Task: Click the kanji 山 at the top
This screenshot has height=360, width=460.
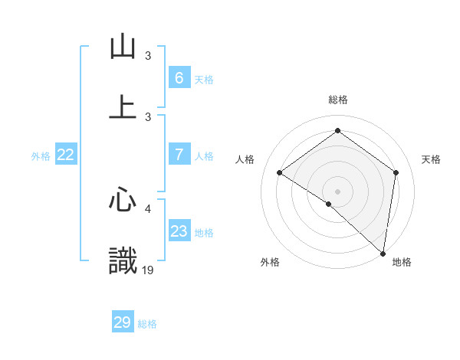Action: (x=123, y=47)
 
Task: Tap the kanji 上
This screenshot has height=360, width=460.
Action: (x=123, y=107)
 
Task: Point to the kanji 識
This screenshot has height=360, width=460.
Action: (x=123, y=260)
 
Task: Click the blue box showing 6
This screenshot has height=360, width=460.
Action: (x=179, y=77)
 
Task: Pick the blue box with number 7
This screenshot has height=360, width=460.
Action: (x=179, y=155)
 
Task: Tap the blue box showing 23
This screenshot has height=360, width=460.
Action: (x=179, y=231)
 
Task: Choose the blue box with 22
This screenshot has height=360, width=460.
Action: (x=66, y=155)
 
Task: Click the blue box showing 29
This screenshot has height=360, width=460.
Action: (x=123, y=322)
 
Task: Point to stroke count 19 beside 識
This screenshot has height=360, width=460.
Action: (x=149, y=270)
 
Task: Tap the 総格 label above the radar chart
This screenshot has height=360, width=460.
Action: (x=338, y=100)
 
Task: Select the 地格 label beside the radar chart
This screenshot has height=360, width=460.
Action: (x=402, y=263)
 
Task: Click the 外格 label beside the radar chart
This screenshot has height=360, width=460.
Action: (x=270, y=263)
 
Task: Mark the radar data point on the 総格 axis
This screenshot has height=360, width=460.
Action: (x=337, y=131)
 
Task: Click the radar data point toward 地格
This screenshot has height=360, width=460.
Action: (x=383, y=253)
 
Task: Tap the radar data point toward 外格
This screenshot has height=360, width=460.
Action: (x=328, y=204)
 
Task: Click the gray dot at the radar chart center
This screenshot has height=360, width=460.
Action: (x=337, y=191)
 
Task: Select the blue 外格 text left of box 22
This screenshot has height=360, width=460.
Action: (x=41, y=155)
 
